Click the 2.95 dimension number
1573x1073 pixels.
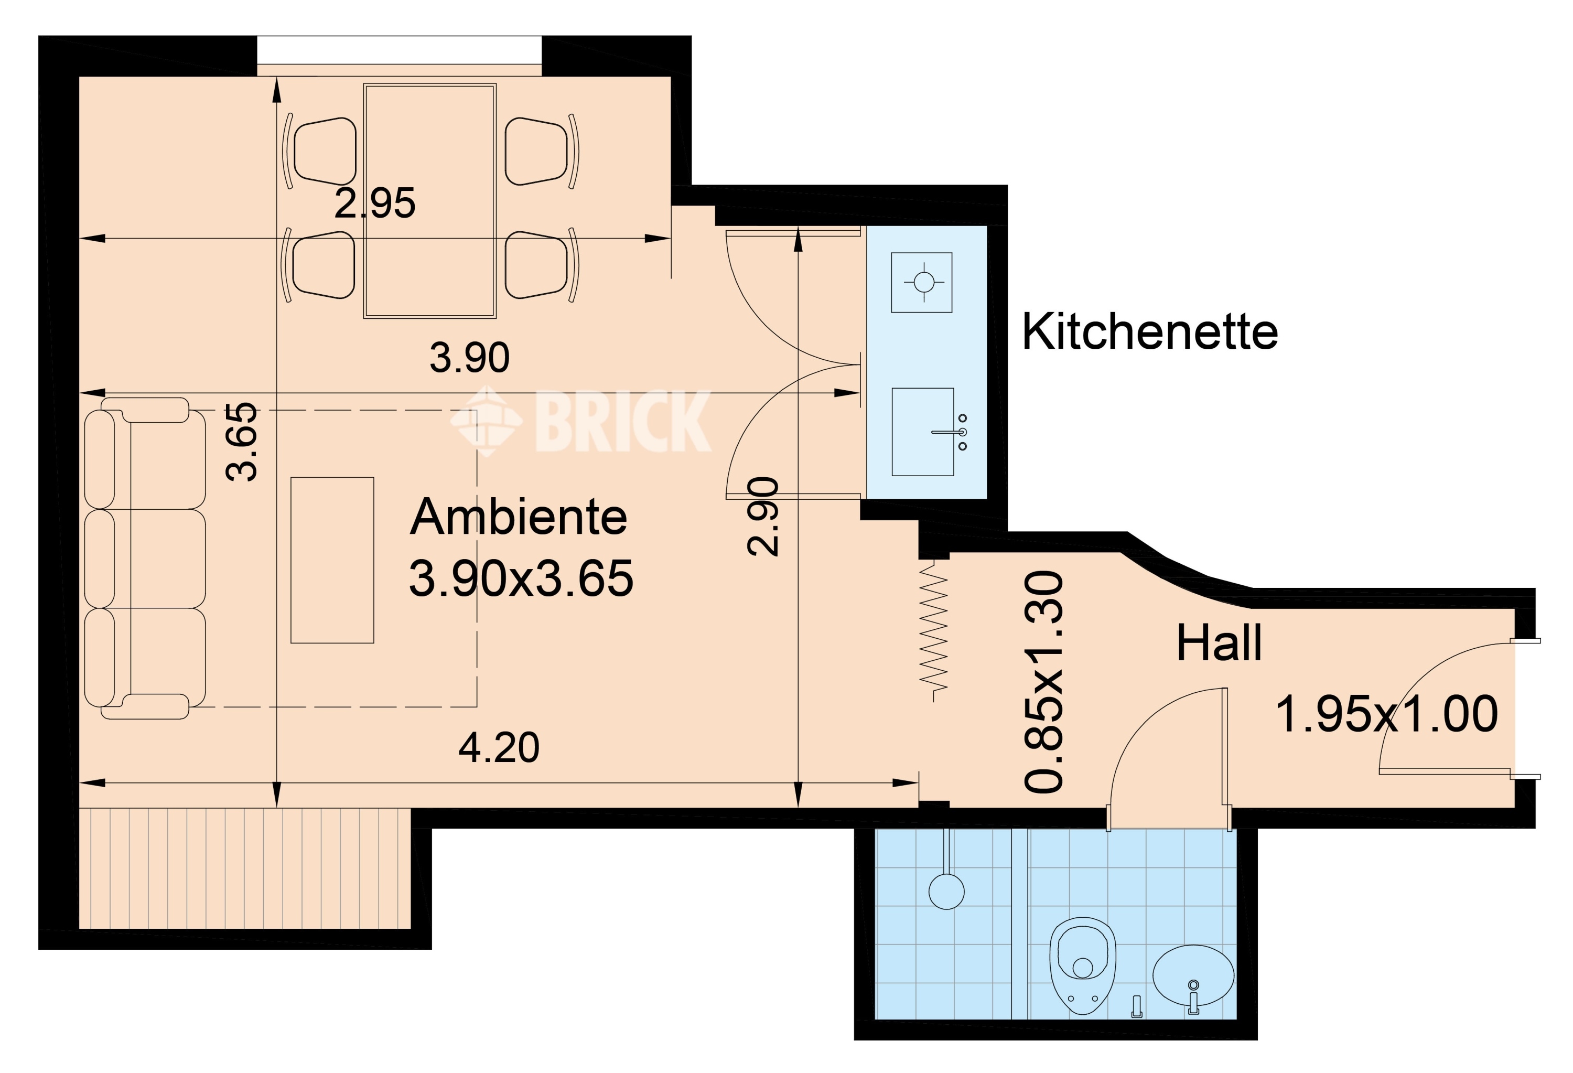[375, 202]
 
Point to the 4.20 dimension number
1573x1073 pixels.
[499, 747]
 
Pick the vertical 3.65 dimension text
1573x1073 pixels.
[242, 442]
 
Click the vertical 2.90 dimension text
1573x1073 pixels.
[763, 517]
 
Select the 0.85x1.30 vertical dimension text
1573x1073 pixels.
[1043, 682]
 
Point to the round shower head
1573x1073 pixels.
[946, 892]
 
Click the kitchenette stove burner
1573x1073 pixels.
[922, 282]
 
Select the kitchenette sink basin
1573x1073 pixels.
[922, 432]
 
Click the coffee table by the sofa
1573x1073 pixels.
[332, 560]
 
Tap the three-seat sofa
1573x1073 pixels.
[145, 558]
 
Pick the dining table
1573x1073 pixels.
[430, 201]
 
